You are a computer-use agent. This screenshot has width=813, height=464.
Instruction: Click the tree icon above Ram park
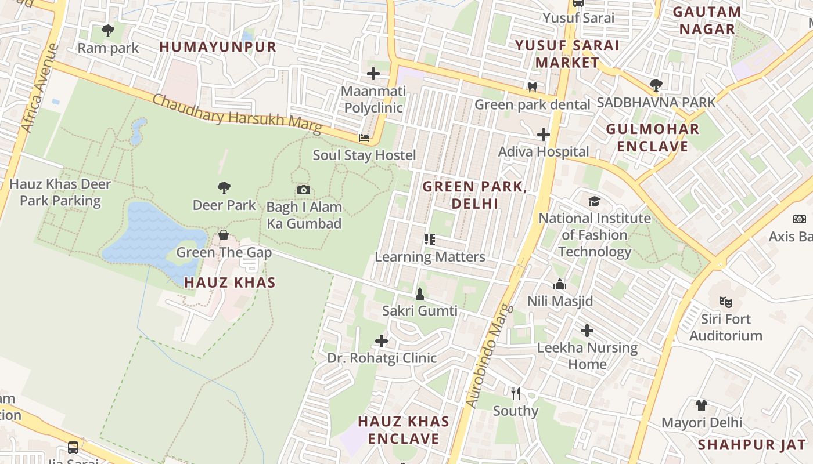pos(107,31)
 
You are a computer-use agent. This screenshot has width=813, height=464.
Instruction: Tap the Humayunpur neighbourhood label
pos(218,47)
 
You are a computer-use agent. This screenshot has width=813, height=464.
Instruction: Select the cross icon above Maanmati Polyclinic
pos(373,74)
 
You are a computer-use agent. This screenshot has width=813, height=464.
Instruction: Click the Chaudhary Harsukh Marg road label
pos(236,114)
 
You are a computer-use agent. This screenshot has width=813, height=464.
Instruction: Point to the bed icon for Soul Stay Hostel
pos(364,138)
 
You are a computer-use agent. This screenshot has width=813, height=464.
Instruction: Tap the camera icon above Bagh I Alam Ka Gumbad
pos(303,190)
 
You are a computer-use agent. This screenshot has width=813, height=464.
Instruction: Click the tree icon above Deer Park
pos(224,188)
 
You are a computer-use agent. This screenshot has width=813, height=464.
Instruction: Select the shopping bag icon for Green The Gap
pos(223,235)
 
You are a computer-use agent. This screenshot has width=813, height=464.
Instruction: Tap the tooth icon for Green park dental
pos(531,88)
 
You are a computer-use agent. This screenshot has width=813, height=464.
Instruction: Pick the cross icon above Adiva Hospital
pos(543,135)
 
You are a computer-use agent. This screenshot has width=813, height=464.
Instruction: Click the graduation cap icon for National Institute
pos(594,201)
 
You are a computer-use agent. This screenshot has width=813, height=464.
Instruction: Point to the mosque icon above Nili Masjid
pos(560,284)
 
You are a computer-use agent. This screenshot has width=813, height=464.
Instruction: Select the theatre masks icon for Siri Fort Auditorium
pos(725,302)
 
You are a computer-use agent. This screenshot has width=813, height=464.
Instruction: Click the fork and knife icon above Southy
pos(515,394)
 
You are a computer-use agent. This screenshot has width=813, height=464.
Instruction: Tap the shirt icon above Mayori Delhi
pos(701,405)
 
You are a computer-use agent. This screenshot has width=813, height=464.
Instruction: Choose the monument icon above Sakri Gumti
pos(419,294)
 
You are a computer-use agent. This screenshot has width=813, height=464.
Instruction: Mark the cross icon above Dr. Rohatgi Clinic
pos(381,340)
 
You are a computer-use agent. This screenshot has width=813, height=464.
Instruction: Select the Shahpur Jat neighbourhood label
pos(751,445)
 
